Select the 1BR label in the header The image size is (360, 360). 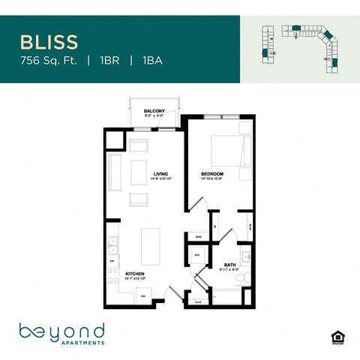[106, 59]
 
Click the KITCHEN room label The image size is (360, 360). [135, 274]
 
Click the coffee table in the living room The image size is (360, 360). [139, 171]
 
